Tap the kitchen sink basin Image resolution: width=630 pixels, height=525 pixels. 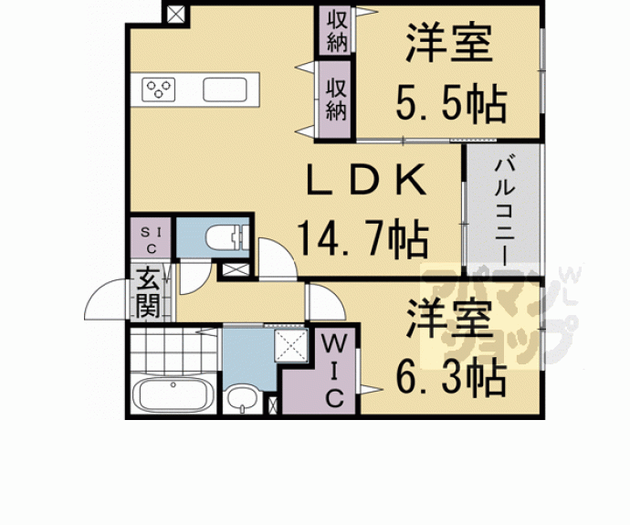click(x=225, y=89)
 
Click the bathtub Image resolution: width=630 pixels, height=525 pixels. click(x=173, y=394)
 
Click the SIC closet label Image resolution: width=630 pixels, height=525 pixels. click(x=151, y=240)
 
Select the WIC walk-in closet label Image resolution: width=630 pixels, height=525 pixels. click(x=334, y=372)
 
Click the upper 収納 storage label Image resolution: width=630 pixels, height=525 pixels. click(x=337, y=31)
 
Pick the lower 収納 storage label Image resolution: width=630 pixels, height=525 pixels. click(x=336, y=99)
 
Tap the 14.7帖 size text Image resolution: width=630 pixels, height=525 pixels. click(x=362, y=239)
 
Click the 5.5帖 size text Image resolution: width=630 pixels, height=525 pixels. click(x=450, y=104)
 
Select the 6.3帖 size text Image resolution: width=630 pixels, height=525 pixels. click(x=450, y=377)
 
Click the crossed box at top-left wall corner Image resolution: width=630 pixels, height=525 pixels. click(x=175, y=15)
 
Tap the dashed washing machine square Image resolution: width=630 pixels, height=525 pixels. click(x=291, y=344)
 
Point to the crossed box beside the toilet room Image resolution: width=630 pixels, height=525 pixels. click(x=236, y=269)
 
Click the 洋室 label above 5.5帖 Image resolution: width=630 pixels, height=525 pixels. click(x=449, y=44)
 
